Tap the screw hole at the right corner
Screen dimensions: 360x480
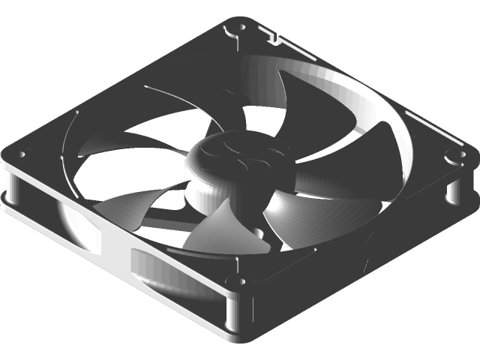pos(452,157)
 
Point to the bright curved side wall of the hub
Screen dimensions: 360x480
pos(205,187)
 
